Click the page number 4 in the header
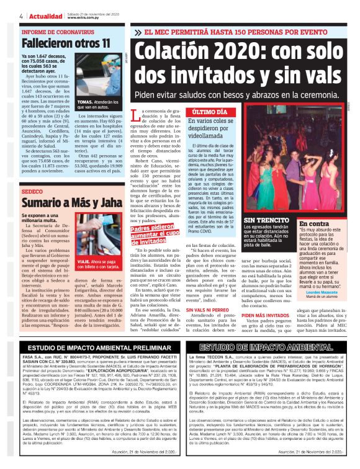21,16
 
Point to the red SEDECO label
32,192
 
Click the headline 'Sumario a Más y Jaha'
64,203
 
